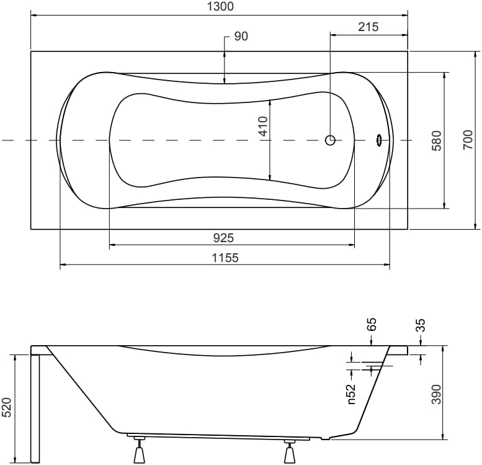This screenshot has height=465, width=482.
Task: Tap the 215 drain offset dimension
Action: click(x=367, y=27)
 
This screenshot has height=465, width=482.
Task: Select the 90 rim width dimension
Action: click(x=241, y=37)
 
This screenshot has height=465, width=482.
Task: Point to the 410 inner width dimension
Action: click(x=262, y=127)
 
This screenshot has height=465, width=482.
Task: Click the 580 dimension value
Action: click(x=437, y=140)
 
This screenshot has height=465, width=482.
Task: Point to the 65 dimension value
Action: click(x=372, y=325)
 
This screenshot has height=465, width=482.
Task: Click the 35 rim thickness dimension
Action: click(x=421, y=325)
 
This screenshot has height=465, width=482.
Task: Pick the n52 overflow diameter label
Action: click(x=350, y=394)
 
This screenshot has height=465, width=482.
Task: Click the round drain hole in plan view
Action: click(x=330, y=140)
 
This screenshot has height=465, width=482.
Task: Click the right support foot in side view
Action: click(x=290, y=451)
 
